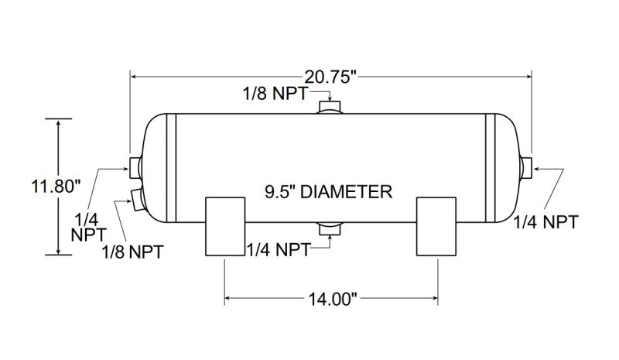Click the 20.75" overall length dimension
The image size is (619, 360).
click(x=330, y=77)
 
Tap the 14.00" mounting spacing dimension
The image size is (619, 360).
click(x=331, y=298)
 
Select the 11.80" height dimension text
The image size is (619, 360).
click(x=56, y=187)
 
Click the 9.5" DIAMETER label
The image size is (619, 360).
click(x=327, y=191)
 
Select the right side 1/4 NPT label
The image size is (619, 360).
click(x=546, y=222)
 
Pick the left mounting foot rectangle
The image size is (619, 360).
click(x=225, y=226)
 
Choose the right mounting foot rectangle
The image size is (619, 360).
click(x=439, y=226)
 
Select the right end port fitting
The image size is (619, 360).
click(x=528, y=166)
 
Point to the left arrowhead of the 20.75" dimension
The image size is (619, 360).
click(x=135, y=77)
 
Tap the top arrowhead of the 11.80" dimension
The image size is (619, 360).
click(x=59, y=122)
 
